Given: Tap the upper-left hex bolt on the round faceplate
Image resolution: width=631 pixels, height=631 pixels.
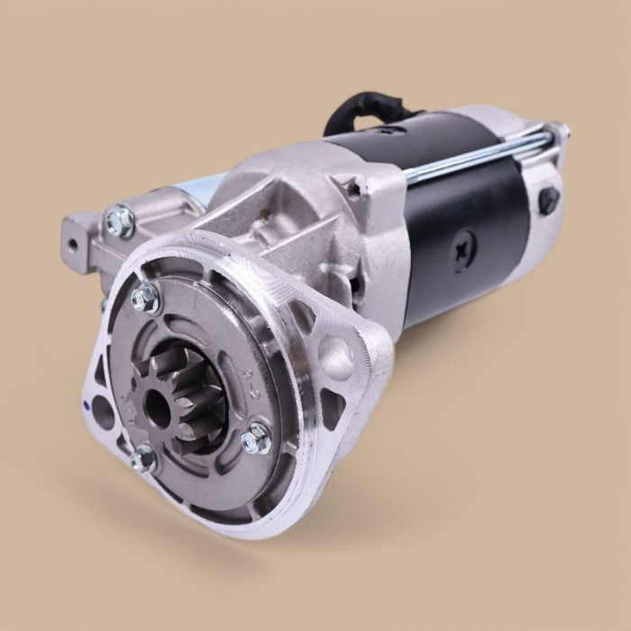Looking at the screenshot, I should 144,298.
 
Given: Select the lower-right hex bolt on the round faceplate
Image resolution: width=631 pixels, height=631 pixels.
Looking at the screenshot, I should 256,438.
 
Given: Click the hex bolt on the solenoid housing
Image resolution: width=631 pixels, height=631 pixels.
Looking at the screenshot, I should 119,219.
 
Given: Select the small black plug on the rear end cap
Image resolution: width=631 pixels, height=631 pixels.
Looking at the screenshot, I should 548,201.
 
